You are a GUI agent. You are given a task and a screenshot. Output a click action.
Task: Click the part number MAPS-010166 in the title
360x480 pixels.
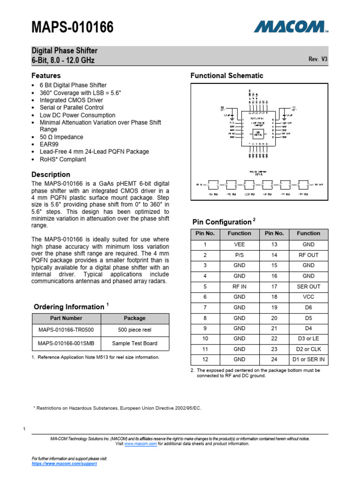click(x=72, y=28)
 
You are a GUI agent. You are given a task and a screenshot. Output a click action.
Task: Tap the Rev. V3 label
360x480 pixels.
click(x=317, y=59)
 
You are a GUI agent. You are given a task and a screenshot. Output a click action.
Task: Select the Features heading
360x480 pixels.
click(x=46, y=75)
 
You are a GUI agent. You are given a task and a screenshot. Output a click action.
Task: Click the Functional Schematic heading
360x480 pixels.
click(x=226, y=75)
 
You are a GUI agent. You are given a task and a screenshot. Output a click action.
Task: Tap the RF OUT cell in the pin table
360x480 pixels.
click(x=308, y=255)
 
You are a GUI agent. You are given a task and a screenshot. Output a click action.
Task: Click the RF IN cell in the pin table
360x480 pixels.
click(x=239, y=286)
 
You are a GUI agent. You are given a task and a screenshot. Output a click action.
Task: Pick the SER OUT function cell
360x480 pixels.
click(x=308, y=286)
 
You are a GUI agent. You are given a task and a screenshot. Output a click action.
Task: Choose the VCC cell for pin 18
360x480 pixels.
click(x=308, y=297)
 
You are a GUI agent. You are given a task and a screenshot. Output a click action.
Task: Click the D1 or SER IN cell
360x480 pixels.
click(x=308, y=360)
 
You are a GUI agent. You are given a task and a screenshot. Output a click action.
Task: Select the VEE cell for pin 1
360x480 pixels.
click(x=239, y=244)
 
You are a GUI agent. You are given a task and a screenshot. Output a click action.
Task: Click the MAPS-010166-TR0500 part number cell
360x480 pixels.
click(x=66, y=330)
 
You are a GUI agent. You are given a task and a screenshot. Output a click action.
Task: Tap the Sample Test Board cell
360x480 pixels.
click(x=135, y=343)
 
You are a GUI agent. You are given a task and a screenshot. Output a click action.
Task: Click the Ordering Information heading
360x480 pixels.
click(x=69, y=307)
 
